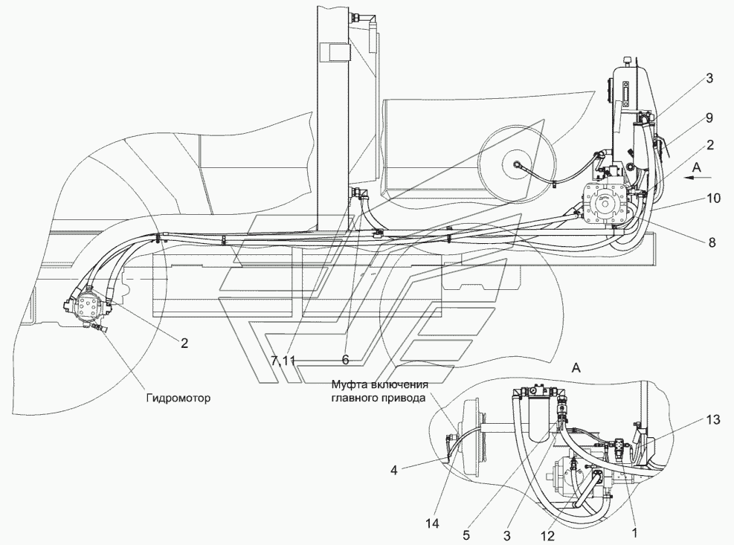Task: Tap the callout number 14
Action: [433, 523]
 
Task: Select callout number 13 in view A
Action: [713, 420]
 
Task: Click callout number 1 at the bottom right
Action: [635, 532]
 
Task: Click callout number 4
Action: [394, 470]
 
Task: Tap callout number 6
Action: [346, 360]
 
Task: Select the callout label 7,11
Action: [283, 360]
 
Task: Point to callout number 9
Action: [709, 118]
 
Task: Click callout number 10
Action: [713, 199]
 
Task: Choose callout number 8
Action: [712, 242]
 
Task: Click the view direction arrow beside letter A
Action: [698, 178]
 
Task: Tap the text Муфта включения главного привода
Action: [379, 391]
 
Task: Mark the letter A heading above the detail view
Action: [576, 368]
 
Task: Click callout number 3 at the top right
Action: [709, 78]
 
